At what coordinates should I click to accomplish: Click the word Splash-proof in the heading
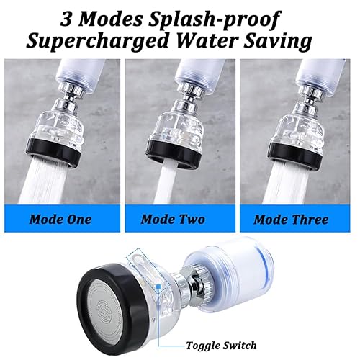(x=215, y=19)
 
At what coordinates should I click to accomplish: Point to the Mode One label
(x=60, y=220)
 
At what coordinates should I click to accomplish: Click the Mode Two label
(x=173, y=220)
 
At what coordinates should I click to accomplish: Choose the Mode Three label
(x=291, y=220)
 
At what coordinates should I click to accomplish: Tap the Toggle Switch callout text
(x=221, y=346)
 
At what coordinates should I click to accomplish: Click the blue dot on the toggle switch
(x=158, y=286)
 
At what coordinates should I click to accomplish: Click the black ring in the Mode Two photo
(x=174, y=153)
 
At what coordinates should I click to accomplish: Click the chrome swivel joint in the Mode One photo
(x=70, y=96)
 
